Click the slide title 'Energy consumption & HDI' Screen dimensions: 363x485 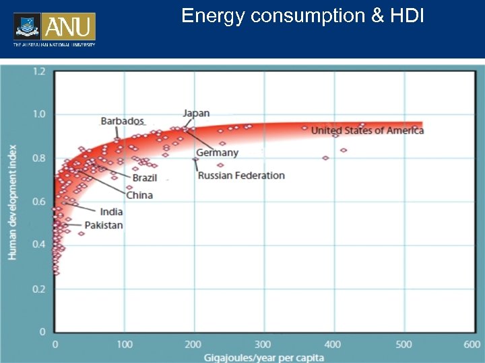[x=302, y=15]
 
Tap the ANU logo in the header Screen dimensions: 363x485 [x=55, y=28]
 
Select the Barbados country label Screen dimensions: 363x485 [x=122, y=121]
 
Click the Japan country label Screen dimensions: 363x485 [x=196, y=113]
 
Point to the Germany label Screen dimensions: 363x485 [x=217, y=153]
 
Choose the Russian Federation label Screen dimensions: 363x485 [x=241, y=175]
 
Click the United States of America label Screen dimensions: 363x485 [x=367, y=130]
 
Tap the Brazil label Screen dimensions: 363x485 [x=145, y=177]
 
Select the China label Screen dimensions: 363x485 [x=139, y=195]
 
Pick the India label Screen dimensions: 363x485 [x=111, y=212]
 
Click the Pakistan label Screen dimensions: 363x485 [x=104, y=225]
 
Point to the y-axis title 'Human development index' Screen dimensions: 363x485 [x=12, y=201]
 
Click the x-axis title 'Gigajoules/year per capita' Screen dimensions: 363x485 [x=263, y=356]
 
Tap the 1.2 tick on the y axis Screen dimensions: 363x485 [x=39, y=71]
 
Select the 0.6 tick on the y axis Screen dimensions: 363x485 [x=39, y=202]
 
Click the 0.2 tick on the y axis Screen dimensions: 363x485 [x=39, y=289]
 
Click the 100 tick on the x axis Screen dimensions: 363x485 [x=125, y=344]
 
